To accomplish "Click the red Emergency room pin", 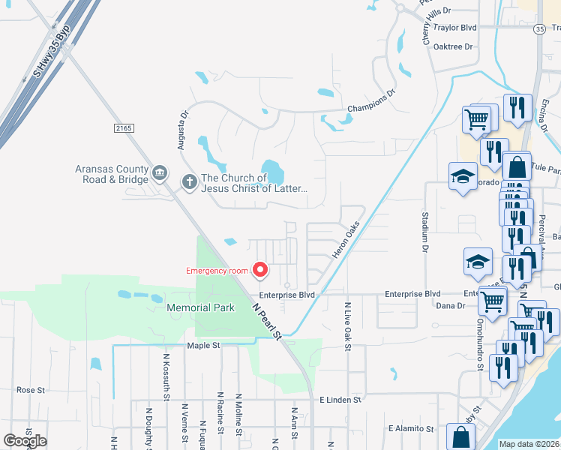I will [x=260, y=268].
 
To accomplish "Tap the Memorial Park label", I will [x=200, y=307].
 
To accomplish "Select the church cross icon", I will [x=189, y=181].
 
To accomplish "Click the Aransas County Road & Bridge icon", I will [x=159, y=174].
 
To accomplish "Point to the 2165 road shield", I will [x=124, y=129].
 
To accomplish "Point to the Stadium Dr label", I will [x=424, y=231].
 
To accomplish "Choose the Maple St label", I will [x=203, y=345].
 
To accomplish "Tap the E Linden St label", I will [x=340, y=400].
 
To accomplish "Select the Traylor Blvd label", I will [x=455, y=28].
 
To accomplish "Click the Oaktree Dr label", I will [x=454, y=46].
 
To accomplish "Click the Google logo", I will [x=25, y=441].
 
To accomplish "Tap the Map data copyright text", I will [x=529, y=444].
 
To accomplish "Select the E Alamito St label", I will [x=411, y=429].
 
